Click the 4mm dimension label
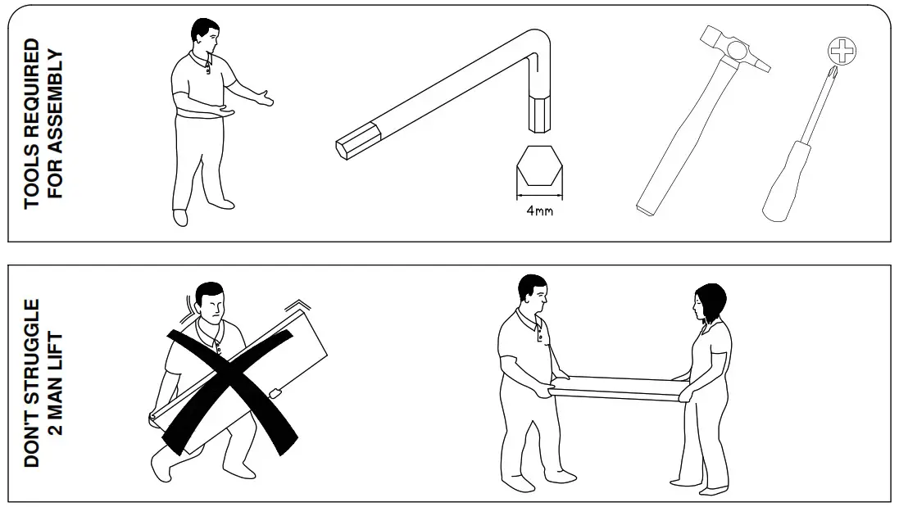coord(538,210)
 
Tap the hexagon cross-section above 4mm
coord(538,170)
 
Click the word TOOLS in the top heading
coord(32,180)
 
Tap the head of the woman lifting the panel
coord(710,302)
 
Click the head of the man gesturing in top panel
coord(203,36)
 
